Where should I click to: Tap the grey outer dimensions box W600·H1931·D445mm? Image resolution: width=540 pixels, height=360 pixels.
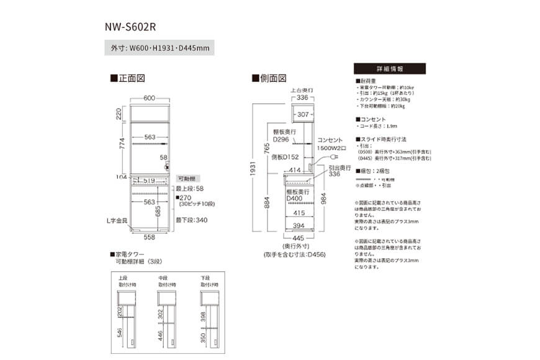(x=160, y=47)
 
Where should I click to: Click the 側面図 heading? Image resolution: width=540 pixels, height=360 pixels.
(x=269, y=79)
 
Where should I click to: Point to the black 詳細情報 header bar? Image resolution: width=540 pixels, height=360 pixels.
(x=390, y=69)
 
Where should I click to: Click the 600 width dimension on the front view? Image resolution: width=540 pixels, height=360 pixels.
(x=149, y=98)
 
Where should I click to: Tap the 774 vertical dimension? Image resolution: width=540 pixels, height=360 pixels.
(x=121, y=145)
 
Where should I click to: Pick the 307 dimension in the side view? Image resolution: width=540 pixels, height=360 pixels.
(x=302, y=115)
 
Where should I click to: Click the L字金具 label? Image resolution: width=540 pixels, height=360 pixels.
(x=116, y=220)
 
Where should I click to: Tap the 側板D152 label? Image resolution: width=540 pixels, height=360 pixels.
(x=287, y=158)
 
